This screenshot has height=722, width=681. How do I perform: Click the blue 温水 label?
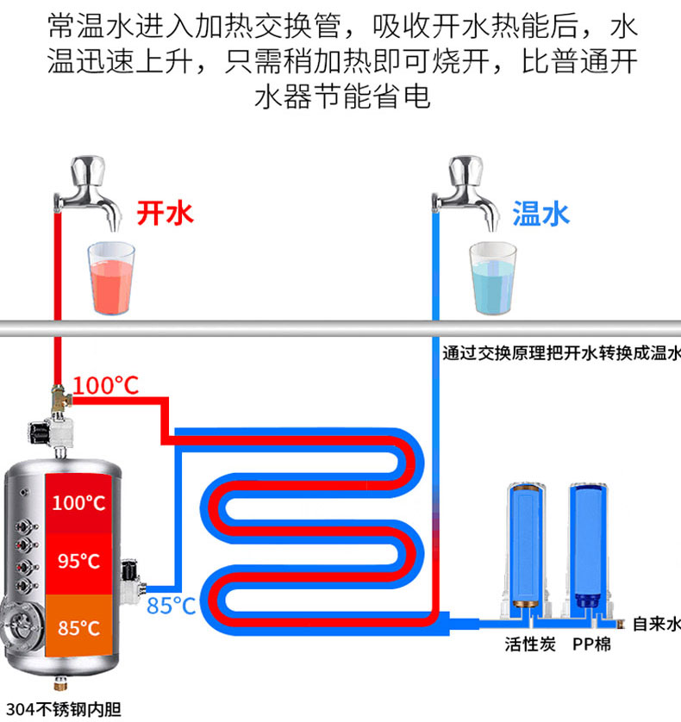tap(541, 213)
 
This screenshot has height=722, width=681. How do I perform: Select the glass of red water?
tap(113, 277)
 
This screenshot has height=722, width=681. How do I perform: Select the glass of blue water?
tap(492, 277)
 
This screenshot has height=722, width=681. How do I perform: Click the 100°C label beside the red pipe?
tap(106, 385)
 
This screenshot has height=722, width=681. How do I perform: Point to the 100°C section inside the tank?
tap(78, 501)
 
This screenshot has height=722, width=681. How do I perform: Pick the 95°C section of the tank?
tap(78, 561)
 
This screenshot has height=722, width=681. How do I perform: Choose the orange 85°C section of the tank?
tap(78, 626)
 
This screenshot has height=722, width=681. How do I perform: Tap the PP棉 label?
tap(591, 644)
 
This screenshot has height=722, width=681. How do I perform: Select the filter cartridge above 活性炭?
tap(525, 543)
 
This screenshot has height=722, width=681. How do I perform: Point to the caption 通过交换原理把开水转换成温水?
tap(561, 352)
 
